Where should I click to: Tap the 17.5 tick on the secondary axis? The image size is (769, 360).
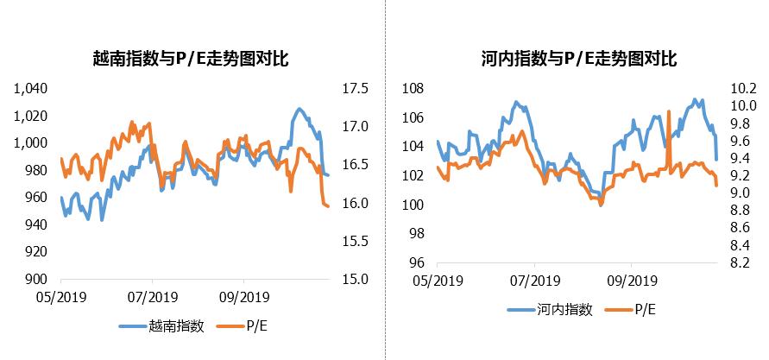click(356, 89)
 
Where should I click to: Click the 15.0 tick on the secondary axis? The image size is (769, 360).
click(356, 279)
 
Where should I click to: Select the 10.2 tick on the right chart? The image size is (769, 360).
click(743, 89)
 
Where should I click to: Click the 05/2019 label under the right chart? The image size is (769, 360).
click(438, 281)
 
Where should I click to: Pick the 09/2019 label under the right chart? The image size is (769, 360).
click(630, 281)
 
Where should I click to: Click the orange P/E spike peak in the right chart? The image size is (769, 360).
click(670, 111)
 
